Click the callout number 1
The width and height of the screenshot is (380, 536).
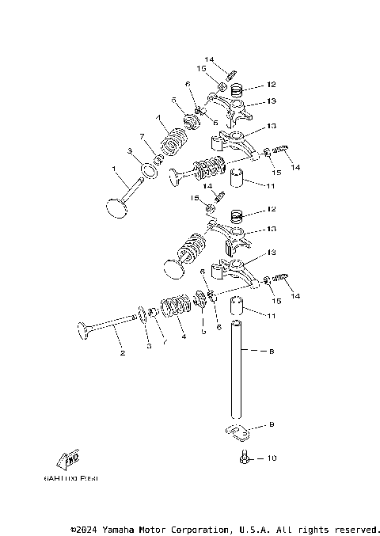114,169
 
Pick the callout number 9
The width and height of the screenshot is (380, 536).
271,424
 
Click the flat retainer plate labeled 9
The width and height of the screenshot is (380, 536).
235,432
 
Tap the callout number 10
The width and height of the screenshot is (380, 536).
272,458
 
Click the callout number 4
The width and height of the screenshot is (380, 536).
184,336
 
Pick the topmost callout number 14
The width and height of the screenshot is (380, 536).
209,60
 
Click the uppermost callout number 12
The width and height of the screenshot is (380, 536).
271,84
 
